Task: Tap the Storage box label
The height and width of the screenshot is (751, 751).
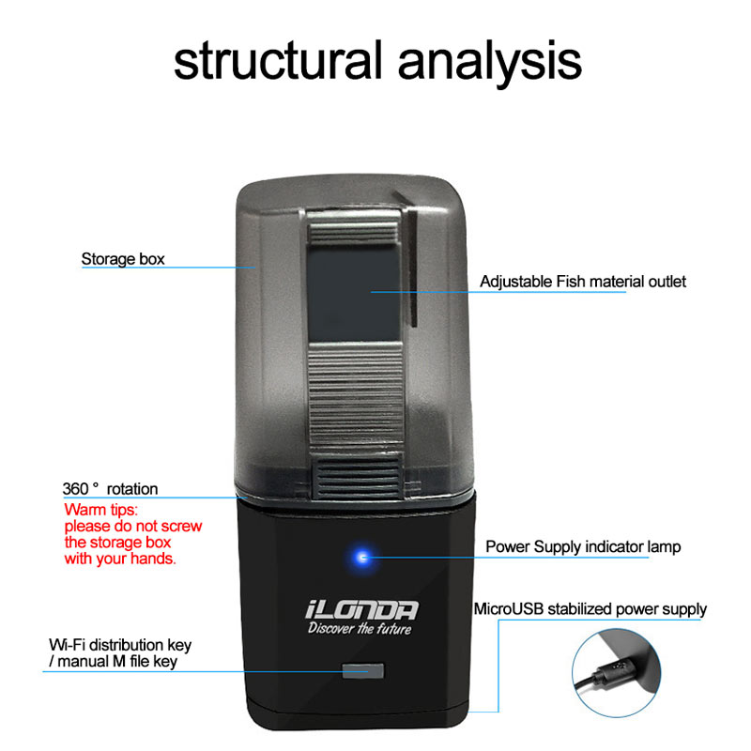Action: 123,258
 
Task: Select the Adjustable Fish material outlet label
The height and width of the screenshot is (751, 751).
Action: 583,281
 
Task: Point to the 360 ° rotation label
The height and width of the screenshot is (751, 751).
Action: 110,488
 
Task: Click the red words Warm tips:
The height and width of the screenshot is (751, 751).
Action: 101,510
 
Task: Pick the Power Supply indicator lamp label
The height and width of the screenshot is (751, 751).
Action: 583,546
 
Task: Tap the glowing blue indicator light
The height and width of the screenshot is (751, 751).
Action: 360,558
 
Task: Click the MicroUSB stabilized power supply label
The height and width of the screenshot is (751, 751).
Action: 590,609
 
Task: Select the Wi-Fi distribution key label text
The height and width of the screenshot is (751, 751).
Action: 120,646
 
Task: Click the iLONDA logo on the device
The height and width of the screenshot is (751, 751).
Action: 362,609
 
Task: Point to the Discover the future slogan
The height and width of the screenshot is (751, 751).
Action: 360,629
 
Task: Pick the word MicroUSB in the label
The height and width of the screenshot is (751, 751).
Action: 508,609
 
